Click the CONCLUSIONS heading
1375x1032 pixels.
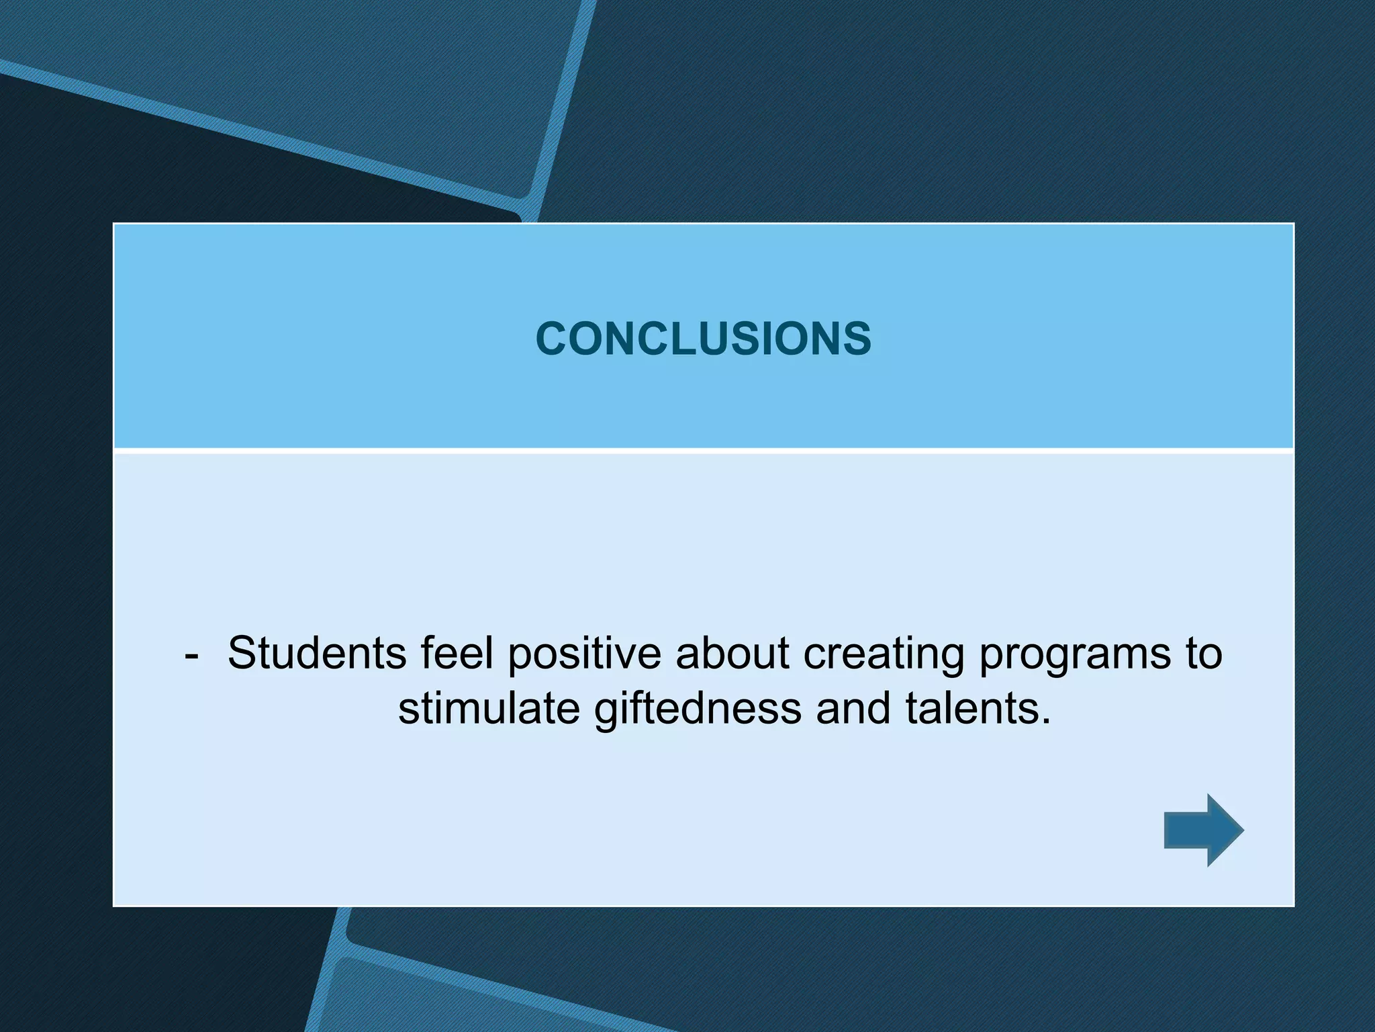[703, 338]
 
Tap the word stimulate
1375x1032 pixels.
[489, 709]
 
